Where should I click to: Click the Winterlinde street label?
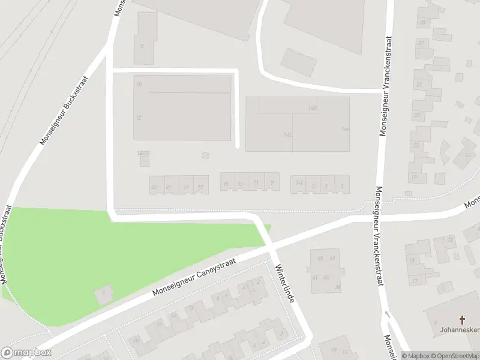(x=284, y=283)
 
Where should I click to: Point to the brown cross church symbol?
(x=463, y=320)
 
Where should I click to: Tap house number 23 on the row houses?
(x=154, y=187)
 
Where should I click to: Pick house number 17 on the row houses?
(x=200, y=187)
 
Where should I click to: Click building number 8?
(x=142, y=46)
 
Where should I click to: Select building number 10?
(x=139, y=85)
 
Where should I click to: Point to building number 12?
(x=139, y=118)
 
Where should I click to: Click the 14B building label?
(x=312, y=108)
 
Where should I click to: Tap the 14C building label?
(x=289, y=134)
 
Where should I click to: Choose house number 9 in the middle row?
(x=273, y=183)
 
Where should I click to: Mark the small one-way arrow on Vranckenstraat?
(x=387, y=314)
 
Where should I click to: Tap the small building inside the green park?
(x=103, y=294)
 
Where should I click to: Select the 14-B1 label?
(x=143, y=154)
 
